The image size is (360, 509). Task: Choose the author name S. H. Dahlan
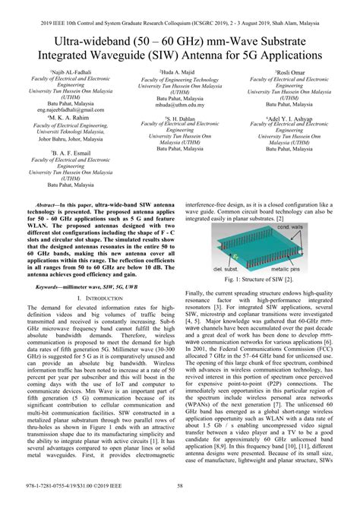click(180, 119)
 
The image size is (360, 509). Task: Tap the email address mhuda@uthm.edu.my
click(180, 105)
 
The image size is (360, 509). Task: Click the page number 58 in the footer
click(180, 498)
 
